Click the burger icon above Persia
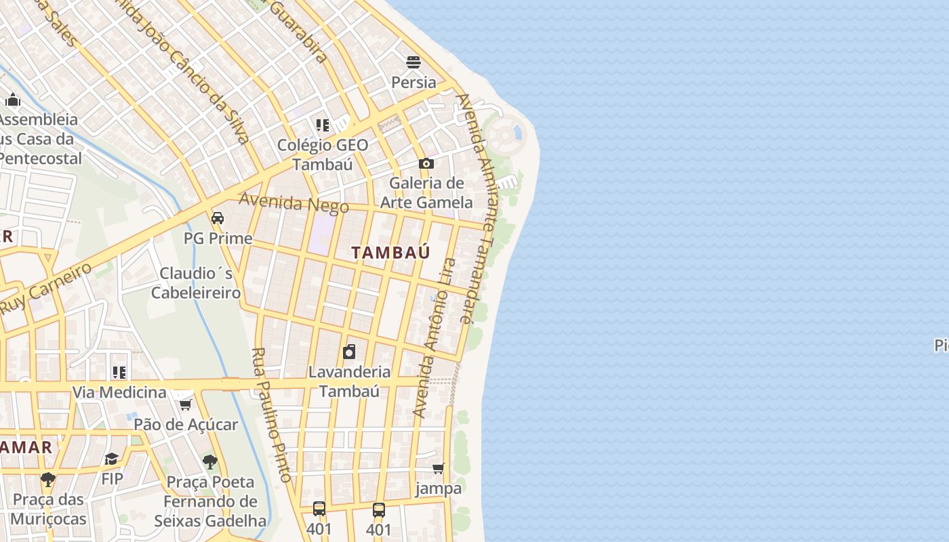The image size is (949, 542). coord(413,62)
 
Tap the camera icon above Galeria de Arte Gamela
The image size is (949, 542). coord(426,163)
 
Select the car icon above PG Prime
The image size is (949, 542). coord(218,218)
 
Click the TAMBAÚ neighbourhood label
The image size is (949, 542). coord(390,253)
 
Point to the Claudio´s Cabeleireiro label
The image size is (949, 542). coord(196,283)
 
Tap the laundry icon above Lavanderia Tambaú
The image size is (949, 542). coord(349,352)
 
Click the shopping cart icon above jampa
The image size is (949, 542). coord(439,468)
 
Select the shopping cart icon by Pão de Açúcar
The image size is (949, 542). coord(185,404)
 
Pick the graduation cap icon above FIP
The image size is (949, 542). coord(112,459)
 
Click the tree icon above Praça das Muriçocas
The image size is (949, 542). coord(47,480)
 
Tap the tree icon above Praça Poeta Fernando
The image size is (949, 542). coord(210,462)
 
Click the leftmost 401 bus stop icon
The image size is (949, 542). coord(319,509)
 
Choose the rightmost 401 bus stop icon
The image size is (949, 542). coord(379,509)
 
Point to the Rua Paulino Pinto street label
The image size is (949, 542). coord(271,415)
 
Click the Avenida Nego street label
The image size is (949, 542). coord(294,203)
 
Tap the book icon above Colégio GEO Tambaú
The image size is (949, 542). coord(323,125)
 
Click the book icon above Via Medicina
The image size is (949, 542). coord(119,373)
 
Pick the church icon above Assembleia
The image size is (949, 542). coord(13,100)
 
